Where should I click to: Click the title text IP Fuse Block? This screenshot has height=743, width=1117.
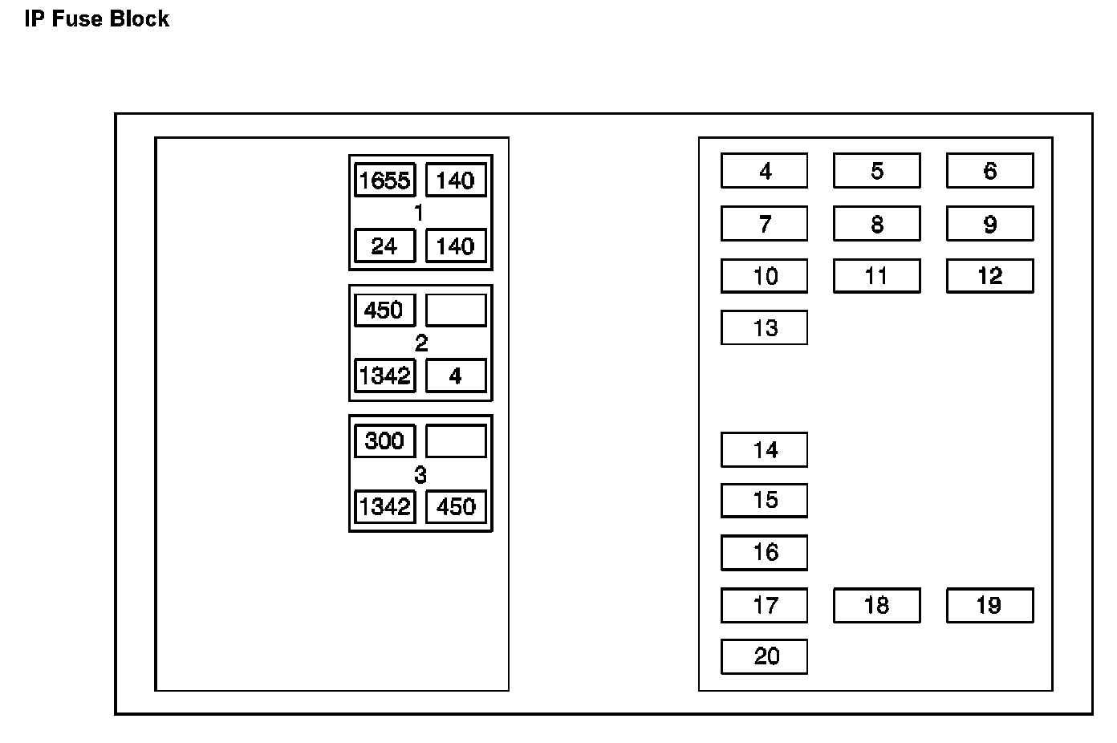pos(96,19)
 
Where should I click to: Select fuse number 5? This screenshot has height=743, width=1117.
pos(876,171)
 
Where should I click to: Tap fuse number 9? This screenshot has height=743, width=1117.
pos(989,224)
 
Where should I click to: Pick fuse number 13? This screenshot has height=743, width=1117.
pos(764,327)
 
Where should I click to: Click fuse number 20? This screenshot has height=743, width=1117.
pos(764,656)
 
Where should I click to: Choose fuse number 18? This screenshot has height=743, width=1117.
pos(876,605)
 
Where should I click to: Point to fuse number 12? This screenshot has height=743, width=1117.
pos(989,276)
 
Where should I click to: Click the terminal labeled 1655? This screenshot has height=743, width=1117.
pos(384,180)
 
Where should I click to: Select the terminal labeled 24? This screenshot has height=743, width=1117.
pos(384,246)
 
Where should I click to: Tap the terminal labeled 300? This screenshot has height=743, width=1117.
pos(384,441)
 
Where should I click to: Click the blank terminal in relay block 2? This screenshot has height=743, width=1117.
pos(456,310)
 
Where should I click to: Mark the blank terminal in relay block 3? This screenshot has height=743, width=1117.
pos(456,441)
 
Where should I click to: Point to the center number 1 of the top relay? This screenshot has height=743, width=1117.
pos(418,213)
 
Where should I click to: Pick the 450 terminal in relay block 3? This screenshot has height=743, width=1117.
pos(456,506)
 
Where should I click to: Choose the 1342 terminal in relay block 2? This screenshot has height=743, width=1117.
pos(384,376)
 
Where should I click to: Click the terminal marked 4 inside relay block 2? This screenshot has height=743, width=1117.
pos(456,376)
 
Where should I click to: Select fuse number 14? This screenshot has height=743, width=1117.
pos(764,449)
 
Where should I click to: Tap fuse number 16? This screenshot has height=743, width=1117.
pos(764,552)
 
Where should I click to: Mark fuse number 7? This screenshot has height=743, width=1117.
pos(764,224)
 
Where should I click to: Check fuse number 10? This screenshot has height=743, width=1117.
pos(764,276)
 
